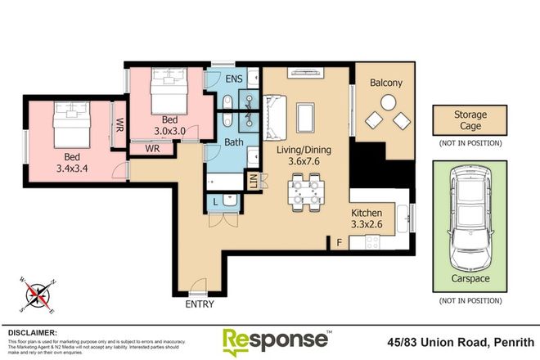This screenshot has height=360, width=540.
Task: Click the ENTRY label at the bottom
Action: tap(200, 304)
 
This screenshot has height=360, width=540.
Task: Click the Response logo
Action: tap(276, 340)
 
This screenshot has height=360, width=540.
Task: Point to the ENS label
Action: tap(235, 80)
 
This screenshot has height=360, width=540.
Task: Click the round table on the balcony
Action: tap(388, 104)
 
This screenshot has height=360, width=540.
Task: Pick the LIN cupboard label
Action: tap(253, 182)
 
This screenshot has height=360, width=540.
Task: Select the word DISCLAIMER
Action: tap(32, 333)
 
